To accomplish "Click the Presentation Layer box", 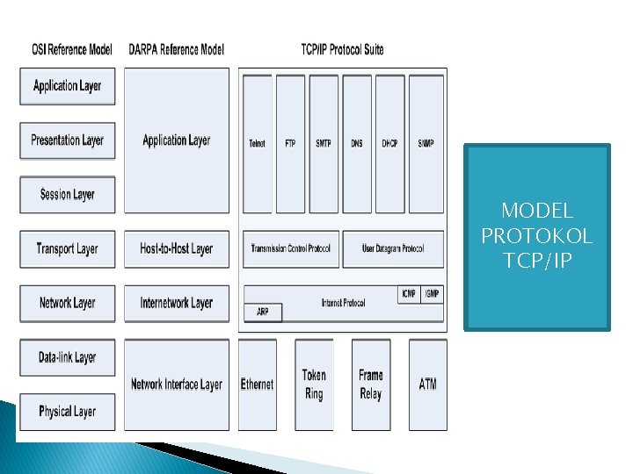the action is click(x=68, y=140).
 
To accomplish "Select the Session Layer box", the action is click(x=68, y=195).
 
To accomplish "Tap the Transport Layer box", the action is click(x=68, y=249).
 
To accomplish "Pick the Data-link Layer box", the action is click(x=68, y=357).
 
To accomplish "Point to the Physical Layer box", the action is click(x=68, y=411).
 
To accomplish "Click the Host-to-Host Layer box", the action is click(x=177, y=249).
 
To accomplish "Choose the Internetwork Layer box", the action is click(x=177, y=304).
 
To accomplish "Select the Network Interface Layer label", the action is click(x=177, y=384).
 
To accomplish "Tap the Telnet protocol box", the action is click(x=257, y=143).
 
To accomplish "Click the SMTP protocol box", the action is click(x=324, y=143).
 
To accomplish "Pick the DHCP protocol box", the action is click(x=390, y=143).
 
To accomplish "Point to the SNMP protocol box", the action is click(x=426, y=143).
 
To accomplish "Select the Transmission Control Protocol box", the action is click(x=291, y=249).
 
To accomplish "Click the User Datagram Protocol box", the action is click(x=393, y=249).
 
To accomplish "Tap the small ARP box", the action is click(x=263, y=312).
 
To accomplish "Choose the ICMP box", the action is click(x=408, y=294).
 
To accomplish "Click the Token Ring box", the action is click(x=314, y=384).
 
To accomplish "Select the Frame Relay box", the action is click(x=371, y=384).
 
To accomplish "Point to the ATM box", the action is click(x=428, y=384).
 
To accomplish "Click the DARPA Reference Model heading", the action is click(x=176, y=49).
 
